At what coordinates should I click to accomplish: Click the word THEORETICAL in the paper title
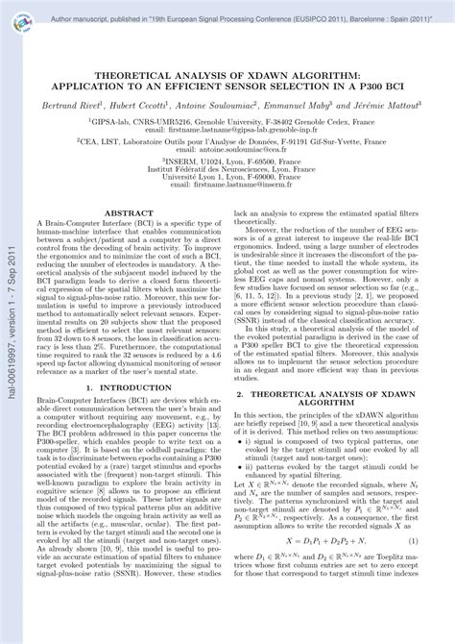click(x=145, y=72)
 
